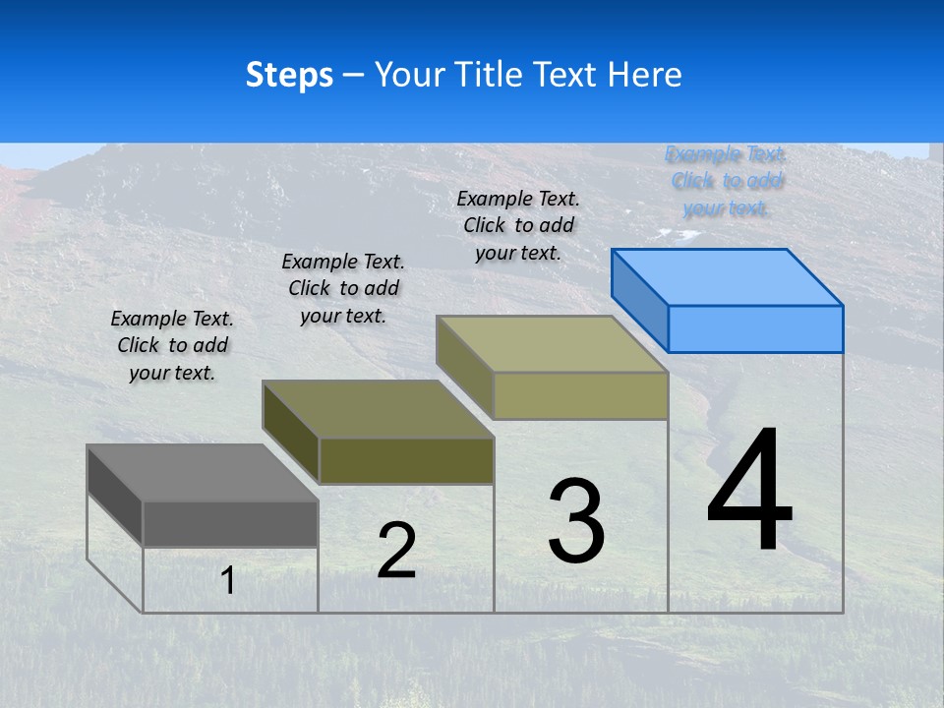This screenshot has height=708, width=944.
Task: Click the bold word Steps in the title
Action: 289,75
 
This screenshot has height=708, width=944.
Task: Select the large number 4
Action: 749,491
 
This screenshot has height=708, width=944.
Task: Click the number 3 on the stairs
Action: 576,521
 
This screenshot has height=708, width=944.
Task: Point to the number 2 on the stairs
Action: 396,551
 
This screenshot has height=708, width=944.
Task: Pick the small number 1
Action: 228,581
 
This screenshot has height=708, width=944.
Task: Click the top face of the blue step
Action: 728,276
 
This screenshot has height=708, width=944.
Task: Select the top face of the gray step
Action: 203,472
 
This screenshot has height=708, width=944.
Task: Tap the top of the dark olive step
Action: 378,408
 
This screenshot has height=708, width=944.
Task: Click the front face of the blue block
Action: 755,328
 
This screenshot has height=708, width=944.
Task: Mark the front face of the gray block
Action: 230,523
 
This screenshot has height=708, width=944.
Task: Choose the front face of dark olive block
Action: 406,460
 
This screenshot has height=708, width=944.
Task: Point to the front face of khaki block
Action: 580,395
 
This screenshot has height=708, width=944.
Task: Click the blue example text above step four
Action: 726,181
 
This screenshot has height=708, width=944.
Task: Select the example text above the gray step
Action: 172,345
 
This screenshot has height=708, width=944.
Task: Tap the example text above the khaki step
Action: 518,225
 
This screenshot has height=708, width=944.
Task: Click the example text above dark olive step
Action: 343,288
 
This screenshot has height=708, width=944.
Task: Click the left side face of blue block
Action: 639,299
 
